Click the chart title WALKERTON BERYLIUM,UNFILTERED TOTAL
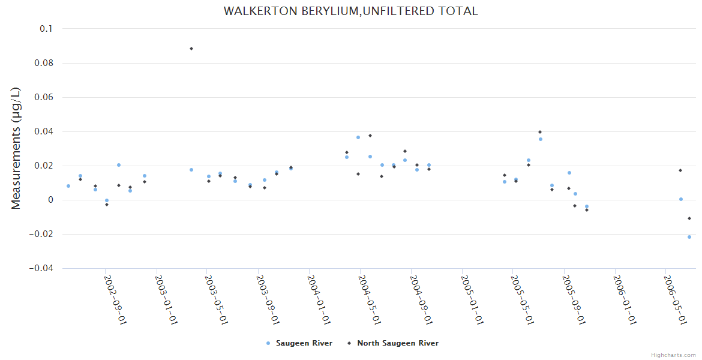[350, 11]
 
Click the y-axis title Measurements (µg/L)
[16, 148]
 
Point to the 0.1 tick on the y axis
[46, 29]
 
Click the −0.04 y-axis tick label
[40, 268]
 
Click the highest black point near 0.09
[191, 49]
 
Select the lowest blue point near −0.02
[689, 237]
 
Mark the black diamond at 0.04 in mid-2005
[540, 132]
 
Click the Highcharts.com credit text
[673, 355]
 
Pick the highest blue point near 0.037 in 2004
[358, 137]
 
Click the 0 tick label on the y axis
[50, 200]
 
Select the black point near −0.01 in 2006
[689, 218]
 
